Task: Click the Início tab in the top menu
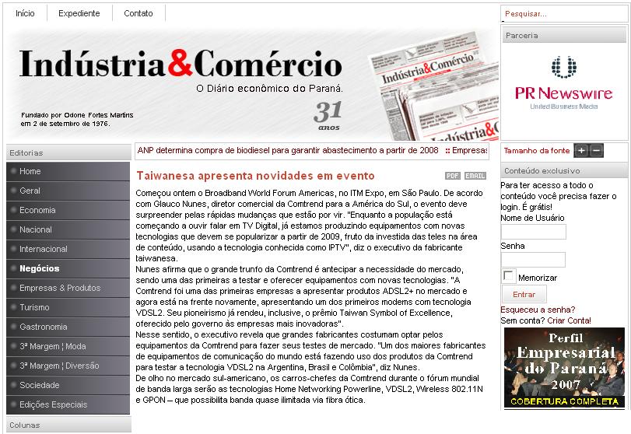25,13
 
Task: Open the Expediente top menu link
79,13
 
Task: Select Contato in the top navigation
138,13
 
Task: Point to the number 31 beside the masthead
328,111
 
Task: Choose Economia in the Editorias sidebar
37,210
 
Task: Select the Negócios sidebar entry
40,268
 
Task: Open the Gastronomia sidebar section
44,327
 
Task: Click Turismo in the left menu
34,307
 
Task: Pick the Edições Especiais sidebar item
54,404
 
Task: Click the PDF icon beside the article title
453,176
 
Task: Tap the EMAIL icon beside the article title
475,176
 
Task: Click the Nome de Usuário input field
533,232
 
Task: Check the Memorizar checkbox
508,276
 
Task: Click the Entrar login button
524,295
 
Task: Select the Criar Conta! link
569,320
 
